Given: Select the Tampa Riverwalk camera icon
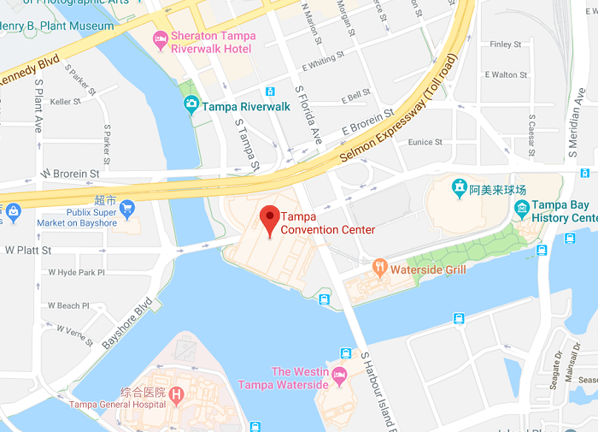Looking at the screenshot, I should [x=192, y=105].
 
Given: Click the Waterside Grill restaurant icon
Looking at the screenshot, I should [x=380, y=269].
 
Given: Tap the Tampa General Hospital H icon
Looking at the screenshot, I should [x=176, y=394].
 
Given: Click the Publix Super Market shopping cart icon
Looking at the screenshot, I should [x=127, y=207].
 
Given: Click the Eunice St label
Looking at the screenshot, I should [x=425, y=142].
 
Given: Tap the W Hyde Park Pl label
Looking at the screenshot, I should [x=76, y=272].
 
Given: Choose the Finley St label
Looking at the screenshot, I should [x=506, y=44].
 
